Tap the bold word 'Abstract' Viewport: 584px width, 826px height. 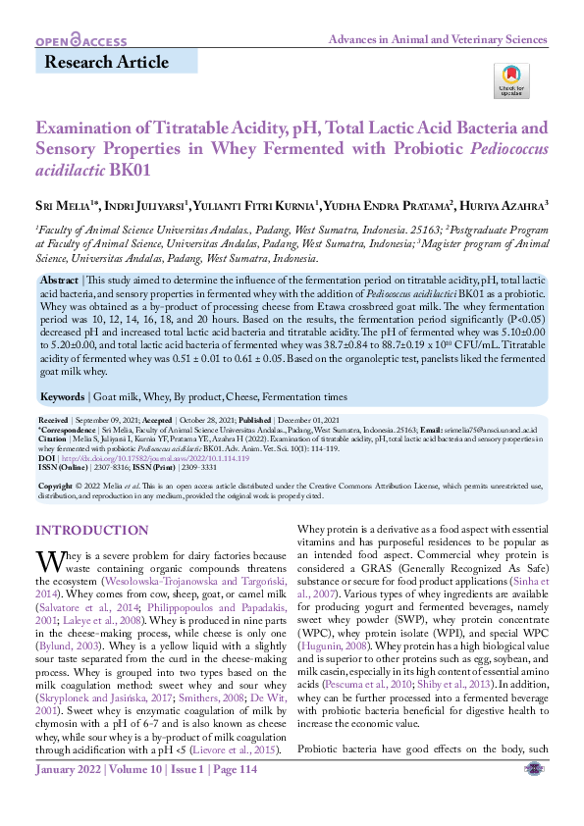61,280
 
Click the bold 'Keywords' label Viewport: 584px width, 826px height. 63,396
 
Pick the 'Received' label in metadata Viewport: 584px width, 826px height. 54,419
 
